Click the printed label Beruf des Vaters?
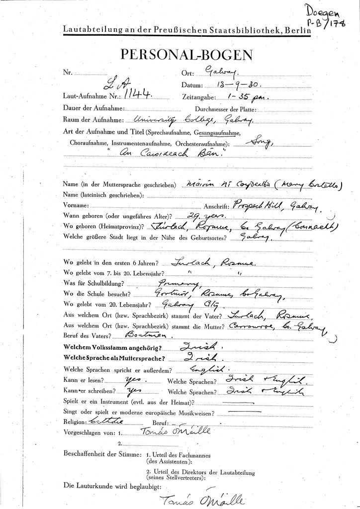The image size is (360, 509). pyautogui.click(x=84, y=337)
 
